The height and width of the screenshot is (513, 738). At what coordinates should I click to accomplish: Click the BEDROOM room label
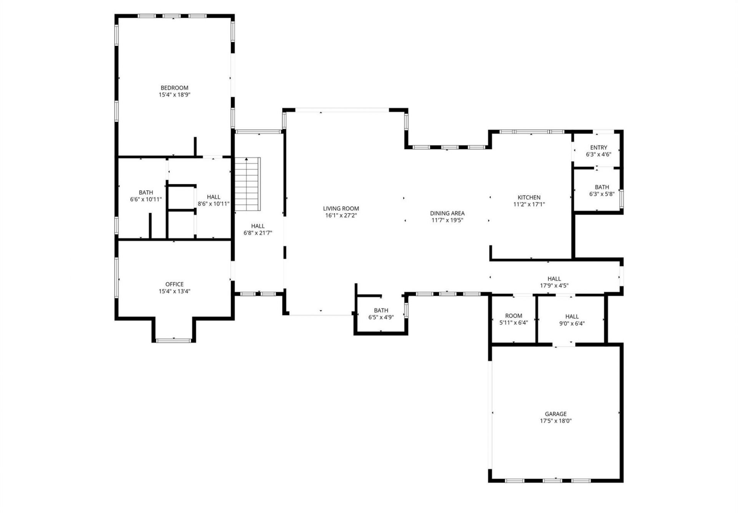(x=175, y=88)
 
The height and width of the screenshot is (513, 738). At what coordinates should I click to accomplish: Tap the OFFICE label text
(x=175, y=284)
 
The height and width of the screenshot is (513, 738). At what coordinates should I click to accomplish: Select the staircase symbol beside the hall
(x=248, y=184)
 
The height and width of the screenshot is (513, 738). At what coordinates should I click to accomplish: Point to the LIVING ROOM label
(x=341, y=209)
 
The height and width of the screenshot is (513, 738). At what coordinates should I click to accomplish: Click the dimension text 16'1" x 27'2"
(x=341, y=215)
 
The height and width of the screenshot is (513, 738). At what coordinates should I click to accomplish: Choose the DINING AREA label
(x=447, y=213)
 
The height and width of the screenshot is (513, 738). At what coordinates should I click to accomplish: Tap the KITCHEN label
(x=529, y=197)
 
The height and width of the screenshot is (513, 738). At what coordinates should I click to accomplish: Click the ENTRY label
(x=598, y=147)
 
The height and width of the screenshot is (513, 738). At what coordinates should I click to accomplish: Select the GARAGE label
(x=555, y=414)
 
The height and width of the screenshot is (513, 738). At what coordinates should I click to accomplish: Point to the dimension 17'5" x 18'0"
(x=555, y=421)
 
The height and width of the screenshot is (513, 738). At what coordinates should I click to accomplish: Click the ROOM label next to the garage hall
(x=514, y=316)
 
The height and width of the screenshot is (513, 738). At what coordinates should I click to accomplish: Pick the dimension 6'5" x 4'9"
(x=381, y=317)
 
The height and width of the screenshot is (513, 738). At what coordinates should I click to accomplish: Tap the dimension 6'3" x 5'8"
(x=602, y=194)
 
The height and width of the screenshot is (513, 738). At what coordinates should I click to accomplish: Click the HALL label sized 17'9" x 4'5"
(x=554, y=279)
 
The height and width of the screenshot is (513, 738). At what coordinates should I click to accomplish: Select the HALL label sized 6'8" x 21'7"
(x=258, y=226)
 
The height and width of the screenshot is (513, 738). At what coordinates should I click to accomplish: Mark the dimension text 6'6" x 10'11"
(x=146, y=199)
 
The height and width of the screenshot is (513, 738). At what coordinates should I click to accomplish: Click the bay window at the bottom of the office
(x=174, y=340)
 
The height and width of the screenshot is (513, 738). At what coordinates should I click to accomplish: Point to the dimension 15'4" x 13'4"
(x=175, y=291)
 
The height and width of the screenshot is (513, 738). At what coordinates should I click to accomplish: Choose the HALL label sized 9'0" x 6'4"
(x=572, y=316)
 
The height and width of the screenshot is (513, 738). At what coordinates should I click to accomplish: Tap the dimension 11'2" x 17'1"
(x=529, y=204)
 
